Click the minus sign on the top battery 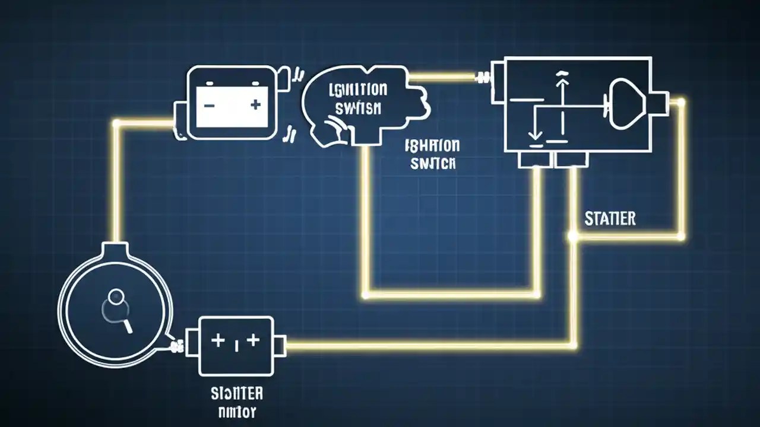pos(209,105)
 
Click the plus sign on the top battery pos(255,105)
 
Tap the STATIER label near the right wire pos(610,218)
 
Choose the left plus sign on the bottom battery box pos(218,340)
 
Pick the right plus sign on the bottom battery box pos(254,340)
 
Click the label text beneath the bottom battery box pos(237,401)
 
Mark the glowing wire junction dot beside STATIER pos(573,236)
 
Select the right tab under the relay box pos(571,159)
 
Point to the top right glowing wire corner pos(682,103)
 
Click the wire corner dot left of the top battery pos(117,123)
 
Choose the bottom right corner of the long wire pos(574,345)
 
